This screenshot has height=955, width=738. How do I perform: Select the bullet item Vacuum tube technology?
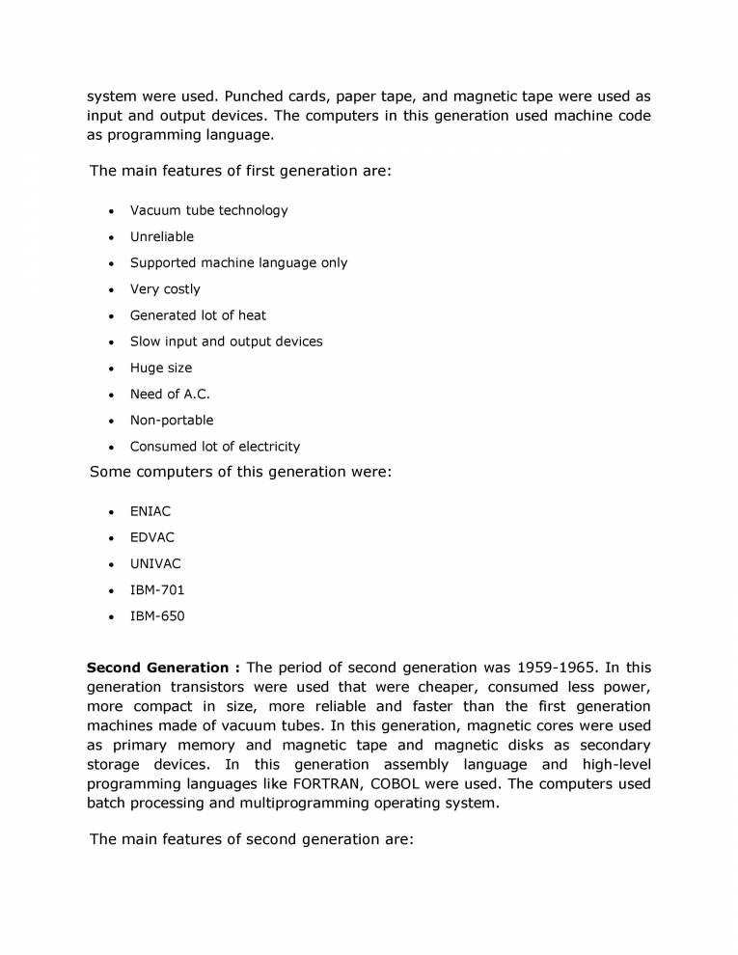(x=208, y=210)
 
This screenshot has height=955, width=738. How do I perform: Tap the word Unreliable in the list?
(x=162, y=236)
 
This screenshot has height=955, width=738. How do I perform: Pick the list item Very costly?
(x=165, y=288)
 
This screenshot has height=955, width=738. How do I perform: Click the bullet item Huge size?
(x=161, y=368)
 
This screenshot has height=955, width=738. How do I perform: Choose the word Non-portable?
(x=172, y=420)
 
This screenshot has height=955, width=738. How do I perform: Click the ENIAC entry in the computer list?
(x=150, y=511)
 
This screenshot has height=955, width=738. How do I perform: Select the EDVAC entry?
(x=152, y=537)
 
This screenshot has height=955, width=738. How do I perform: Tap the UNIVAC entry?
(x=155, y=563)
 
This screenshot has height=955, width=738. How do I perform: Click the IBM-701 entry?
(x=157, y=589)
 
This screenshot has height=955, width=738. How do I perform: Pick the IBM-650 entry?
(x=157, y=615)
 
